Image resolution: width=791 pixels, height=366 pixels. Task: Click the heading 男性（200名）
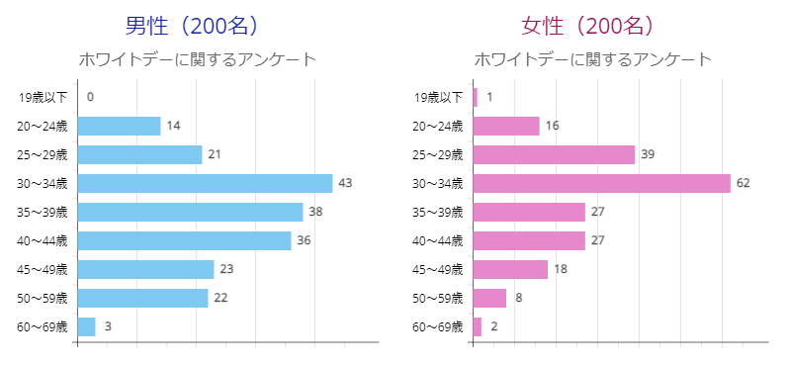tap(197, 26)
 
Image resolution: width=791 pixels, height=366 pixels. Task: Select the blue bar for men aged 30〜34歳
tap(205, 183)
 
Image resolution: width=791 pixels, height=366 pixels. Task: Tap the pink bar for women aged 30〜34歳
tap(601, 183)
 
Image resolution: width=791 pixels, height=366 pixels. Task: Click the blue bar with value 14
tap(119, 126)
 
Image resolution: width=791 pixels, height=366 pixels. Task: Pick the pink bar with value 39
tap(554, 154)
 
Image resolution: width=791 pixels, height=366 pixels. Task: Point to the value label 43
tap(345, 183)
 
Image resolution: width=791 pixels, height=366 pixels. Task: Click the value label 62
tap(743, 183)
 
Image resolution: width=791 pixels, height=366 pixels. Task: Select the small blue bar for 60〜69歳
tap(86, 326)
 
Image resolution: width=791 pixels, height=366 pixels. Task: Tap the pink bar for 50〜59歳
tap(489, 298)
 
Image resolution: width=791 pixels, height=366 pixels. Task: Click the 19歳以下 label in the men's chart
tap(43, 97)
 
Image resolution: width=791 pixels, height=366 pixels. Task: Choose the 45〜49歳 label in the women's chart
tap(437, 269)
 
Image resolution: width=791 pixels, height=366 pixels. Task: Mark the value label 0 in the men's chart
tap(90, 97)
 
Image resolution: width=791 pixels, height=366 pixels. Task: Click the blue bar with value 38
tap(190, 212)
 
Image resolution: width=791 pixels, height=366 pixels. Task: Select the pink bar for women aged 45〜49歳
tap(510, 269)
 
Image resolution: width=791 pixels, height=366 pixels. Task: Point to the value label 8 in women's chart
tap(517, 298)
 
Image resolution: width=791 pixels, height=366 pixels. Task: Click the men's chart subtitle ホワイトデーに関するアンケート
tap(197, 59)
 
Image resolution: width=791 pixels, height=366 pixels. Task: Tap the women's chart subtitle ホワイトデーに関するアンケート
tap(592, 59)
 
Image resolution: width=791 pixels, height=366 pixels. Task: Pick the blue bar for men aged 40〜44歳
tap(184, 240)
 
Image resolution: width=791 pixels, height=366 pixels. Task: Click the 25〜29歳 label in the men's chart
tap(43, 154)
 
